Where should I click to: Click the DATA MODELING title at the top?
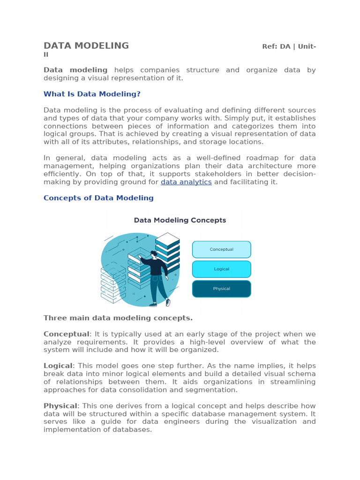click(x=86, y=46)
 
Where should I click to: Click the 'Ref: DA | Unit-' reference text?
click(x=289, y=46)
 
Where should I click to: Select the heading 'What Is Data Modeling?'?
click(x=92, y=94)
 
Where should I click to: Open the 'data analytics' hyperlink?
click(x=186, y=182)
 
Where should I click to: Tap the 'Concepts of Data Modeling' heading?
click(x=98, y=198)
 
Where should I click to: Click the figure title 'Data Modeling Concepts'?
click(x=180, y=220)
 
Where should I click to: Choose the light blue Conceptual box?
click(x=221, y=249)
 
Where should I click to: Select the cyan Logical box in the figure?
click(x=221, y=269)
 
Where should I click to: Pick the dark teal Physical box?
click(x=221, y=289)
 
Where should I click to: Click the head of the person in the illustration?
click(x=153, y=255)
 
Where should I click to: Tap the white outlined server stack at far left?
click(x=112, y=284)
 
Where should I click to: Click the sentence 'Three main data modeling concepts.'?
click(x=118, y=318)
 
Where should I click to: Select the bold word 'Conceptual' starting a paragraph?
click(x=66, y=334)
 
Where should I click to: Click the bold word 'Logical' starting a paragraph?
click(x=58, y=366)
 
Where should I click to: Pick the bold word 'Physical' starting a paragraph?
click(x=60, y=406)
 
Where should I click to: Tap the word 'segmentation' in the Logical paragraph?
click(x=214, y=390)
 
